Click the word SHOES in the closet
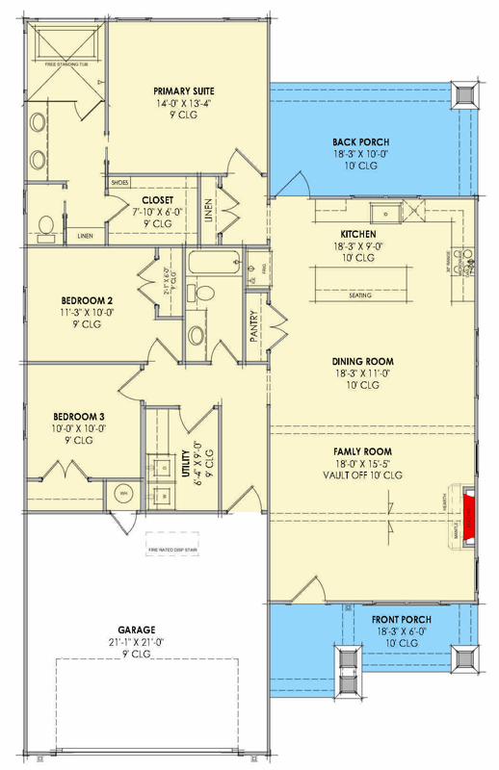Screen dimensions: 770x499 tap(120, 182)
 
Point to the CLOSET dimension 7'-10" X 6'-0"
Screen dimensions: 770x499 tap(156, 212)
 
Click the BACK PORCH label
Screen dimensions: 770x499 tap(359, 141)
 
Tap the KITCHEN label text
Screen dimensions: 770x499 tap(358, 234)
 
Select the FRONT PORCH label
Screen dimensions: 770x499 tap(403, 619)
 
